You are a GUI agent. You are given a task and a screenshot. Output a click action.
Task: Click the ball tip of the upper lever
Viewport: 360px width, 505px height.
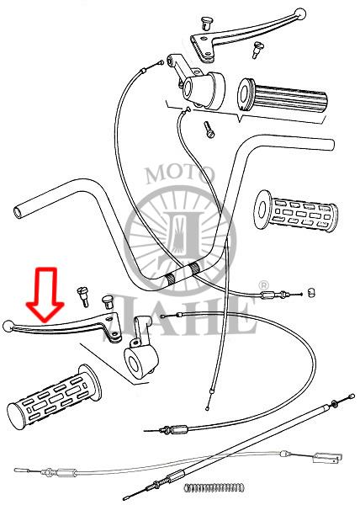click(299, 13)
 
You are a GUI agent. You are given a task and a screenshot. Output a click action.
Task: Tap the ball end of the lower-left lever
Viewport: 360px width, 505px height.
click(8, 327)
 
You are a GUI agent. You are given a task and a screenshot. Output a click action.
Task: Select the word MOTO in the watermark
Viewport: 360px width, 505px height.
click(180, 174)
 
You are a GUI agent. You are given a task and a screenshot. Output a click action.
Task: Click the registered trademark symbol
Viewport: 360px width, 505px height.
click(263, 285)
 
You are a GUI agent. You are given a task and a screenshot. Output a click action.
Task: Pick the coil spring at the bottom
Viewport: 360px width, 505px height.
click(214, 487)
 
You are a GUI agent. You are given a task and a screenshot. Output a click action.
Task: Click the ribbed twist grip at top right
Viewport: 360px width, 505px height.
click(282, 96)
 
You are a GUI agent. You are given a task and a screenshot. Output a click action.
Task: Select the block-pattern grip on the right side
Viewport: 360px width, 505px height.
click(296, 211)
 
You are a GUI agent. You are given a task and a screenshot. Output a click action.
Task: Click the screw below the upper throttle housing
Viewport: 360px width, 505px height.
click(209, 130)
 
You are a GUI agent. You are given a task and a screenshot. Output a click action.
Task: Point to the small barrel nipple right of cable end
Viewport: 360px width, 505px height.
click(310, 293)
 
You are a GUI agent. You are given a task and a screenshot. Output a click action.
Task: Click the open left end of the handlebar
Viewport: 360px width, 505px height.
click(18, 212)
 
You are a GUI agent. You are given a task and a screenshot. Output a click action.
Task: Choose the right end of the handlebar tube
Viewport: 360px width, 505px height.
click(331, 145)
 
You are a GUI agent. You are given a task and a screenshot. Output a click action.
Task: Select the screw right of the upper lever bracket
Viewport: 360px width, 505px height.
click(257, 50)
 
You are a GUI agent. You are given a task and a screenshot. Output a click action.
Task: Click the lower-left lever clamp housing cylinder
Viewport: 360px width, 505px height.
click(141, 361)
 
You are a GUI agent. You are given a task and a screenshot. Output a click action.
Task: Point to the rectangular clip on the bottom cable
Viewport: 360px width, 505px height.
click(327, 458)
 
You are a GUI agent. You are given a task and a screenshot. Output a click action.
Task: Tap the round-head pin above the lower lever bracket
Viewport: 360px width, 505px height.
click(109, 302)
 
